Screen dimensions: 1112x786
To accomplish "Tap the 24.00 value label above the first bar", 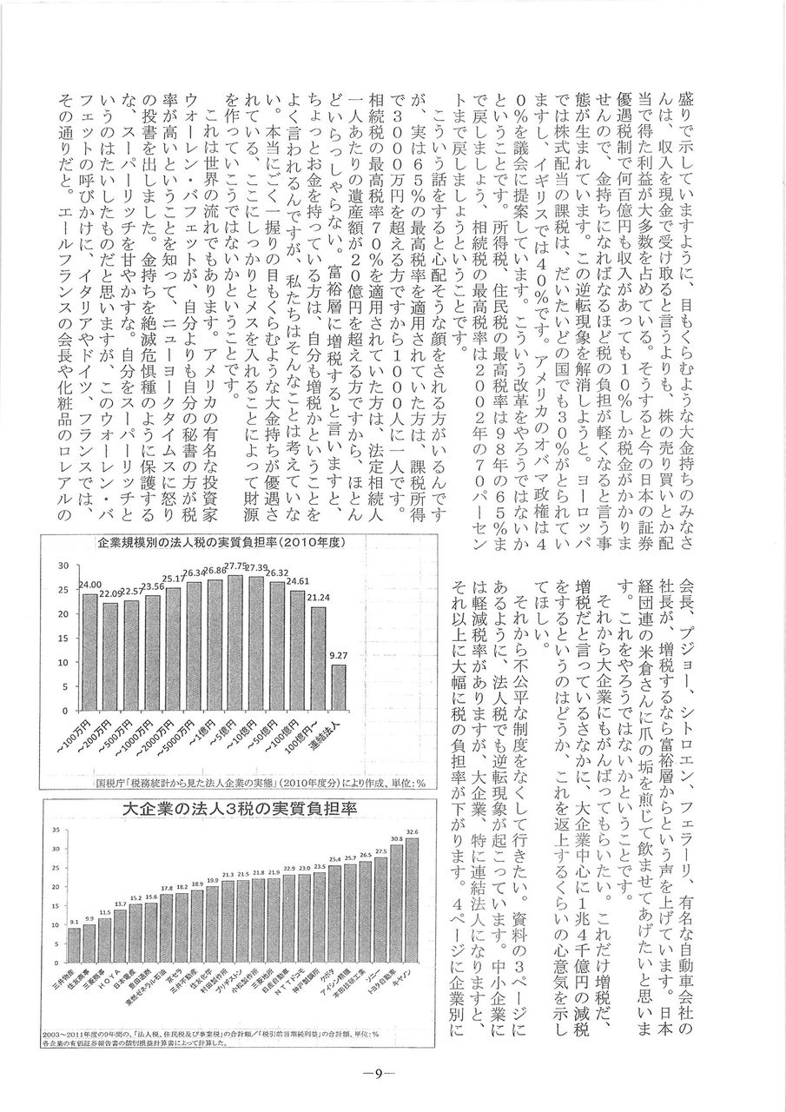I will [x=90, y=585].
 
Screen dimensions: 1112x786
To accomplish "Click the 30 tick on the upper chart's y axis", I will [x=63, y=566].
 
